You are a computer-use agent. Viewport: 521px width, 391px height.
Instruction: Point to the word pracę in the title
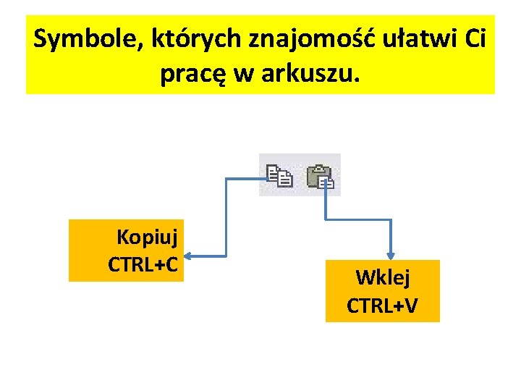point(189,74)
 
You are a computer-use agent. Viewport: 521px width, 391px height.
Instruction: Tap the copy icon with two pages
point(279,175)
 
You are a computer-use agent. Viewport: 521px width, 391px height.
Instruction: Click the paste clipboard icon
point(320,175)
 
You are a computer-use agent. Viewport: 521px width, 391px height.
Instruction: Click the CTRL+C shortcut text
point(143,264)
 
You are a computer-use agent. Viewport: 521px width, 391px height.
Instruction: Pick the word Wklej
point(383,278)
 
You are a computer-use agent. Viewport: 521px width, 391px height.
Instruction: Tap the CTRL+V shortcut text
point(382,306)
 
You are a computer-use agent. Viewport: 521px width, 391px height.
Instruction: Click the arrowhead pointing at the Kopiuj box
point(187,255)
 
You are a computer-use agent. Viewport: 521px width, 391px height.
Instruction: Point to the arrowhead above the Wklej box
point(391,255)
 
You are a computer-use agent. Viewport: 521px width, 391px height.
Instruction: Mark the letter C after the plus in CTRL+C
point(170,264)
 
